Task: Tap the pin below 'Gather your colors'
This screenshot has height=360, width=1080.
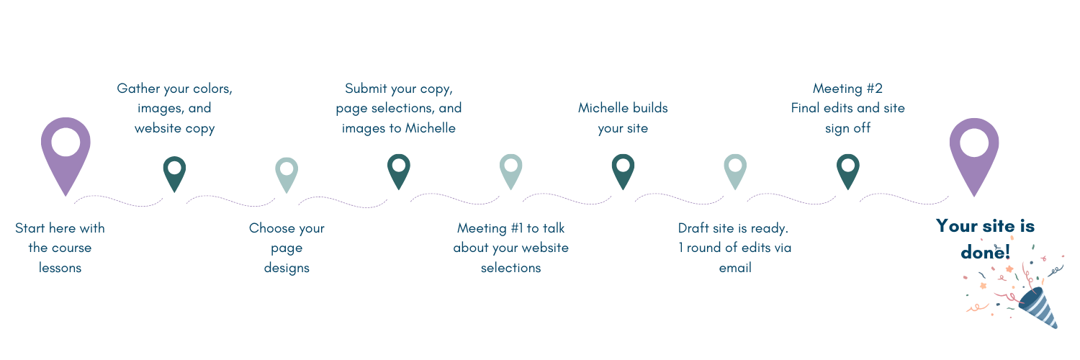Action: coord(174,172)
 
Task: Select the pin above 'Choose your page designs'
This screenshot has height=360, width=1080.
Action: coord(287,174)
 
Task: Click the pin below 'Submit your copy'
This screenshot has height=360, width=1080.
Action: coord(398,170)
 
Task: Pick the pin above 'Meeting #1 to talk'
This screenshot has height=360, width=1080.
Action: coord(510,170)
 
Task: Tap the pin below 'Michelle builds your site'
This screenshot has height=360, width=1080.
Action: coord(623,170)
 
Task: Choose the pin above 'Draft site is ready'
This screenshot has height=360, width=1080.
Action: coord(735,170)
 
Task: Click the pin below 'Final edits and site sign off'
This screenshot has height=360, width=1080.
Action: coord(847,170)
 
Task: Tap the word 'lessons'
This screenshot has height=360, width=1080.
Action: coord(60,268)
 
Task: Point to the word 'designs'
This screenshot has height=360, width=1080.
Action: coord(287,268)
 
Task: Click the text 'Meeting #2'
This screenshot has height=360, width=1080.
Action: coord(847,89)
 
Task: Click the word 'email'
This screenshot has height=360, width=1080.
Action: coord(735,268)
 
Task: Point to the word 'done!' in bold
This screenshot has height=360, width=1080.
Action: coord(985,253)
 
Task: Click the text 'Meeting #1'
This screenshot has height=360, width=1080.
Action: coord(490,228)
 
